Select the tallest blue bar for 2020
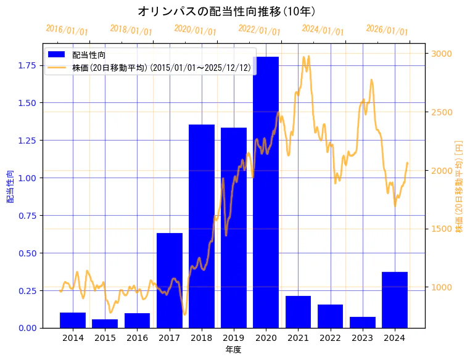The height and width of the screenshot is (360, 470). pos(266,192)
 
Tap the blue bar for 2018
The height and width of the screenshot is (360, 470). pos(202,226)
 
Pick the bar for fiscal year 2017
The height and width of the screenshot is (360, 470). pos(169,280)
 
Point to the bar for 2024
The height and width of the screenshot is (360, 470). pos(395,300)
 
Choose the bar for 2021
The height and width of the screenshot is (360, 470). pos(298,311)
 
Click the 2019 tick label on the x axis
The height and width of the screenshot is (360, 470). pos(234,338)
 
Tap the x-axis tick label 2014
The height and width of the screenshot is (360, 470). pos(73,338)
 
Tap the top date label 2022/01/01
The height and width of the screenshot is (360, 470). pos(259,30)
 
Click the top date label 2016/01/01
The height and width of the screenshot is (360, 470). pos(67,30)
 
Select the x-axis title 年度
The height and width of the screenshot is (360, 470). pos(233,350)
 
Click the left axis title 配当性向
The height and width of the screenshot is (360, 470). pos(10,186)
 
